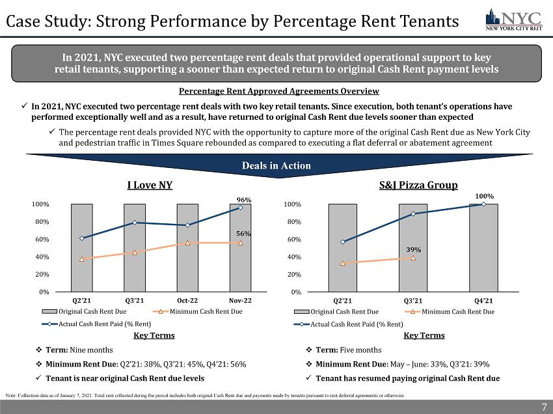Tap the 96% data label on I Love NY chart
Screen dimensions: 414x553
(x=244, y=200)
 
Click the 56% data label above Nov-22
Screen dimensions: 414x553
(x=244, y=233)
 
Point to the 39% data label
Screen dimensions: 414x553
(x=414, y=249)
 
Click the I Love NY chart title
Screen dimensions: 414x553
(x=149, y=185)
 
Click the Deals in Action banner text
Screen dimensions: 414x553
(x=277, y=165)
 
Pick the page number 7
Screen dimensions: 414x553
(x=544, y=407)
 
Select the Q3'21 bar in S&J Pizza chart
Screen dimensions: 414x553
(x=413, y=260)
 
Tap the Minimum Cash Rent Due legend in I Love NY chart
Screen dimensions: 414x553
(x=204, y=312)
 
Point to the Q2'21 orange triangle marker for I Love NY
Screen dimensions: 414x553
(x=81, y=259)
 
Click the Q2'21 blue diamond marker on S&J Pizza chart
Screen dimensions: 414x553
(x=343, y=242)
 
